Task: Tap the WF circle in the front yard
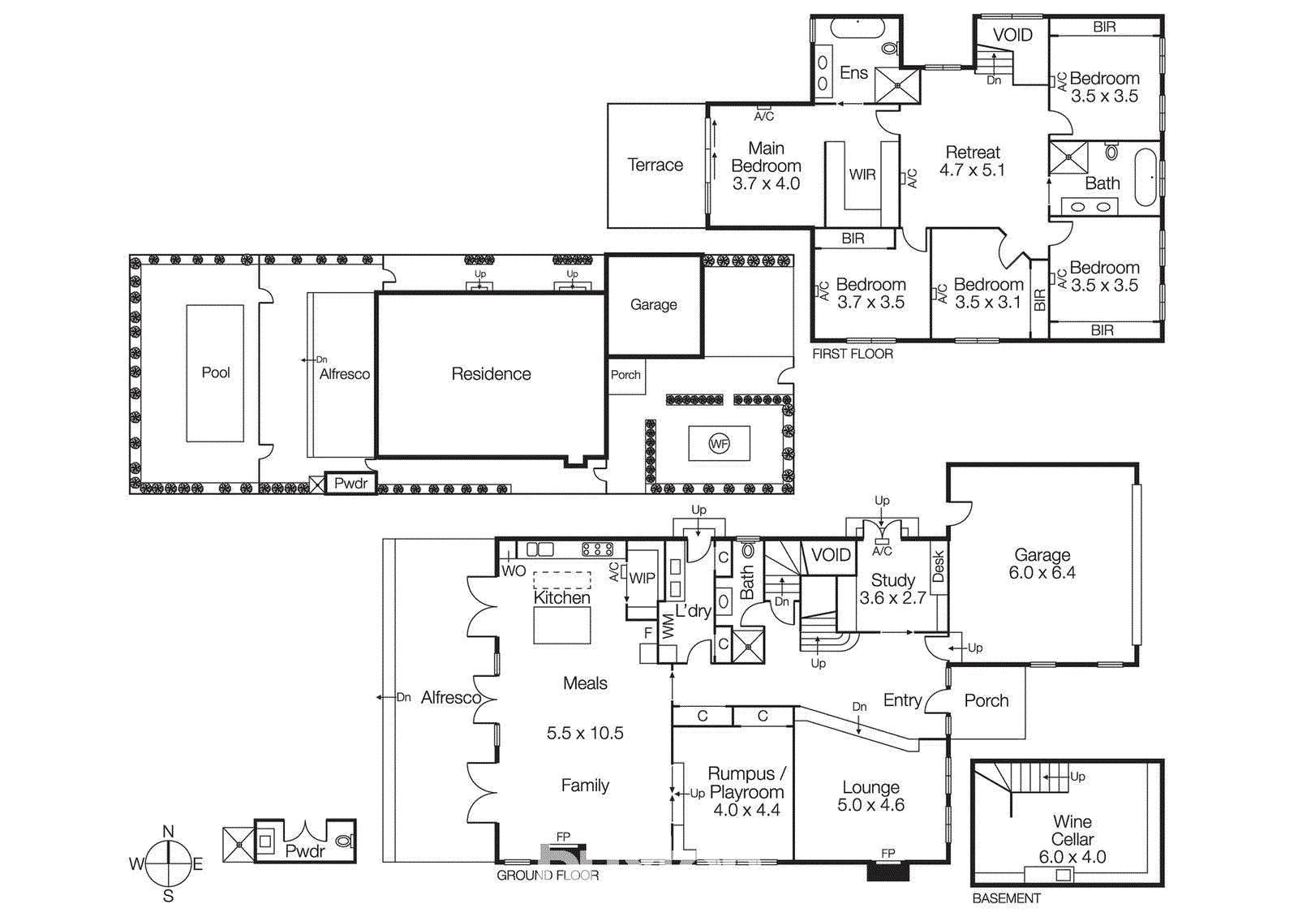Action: [719, 443]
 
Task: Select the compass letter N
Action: [168, 831]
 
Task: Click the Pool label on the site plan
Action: [216, 372]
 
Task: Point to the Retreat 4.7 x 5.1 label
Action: [972, 161]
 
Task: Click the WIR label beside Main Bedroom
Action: [862, 174]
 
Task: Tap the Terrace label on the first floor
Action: [655, 165]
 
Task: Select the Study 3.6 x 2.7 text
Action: [892, 589]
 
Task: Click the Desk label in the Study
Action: [939, 566]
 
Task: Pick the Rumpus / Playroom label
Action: [746, 783]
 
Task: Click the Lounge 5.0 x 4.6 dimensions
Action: [870, 805]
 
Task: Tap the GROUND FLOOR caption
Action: [548, 875]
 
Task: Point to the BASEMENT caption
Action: [1006, 898]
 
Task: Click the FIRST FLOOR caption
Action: [853, 354]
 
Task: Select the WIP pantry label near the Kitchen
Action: [642, 578]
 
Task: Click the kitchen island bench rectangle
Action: [561, 625]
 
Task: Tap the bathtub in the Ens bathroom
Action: [856, 28]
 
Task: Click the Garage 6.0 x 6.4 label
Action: [1042, 563]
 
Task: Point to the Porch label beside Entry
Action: [986, 700]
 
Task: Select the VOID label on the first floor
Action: [1012, 35]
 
